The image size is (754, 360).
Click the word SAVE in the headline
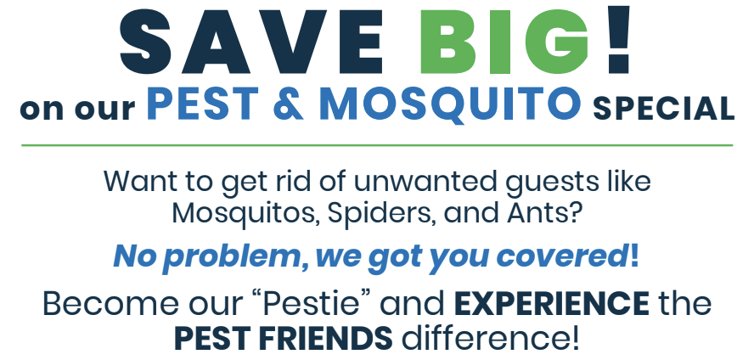click(250, 42)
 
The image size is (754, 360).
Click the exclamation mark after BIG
click(619, 39)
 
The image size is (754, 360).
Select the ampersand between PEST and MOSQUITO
click(290, 104)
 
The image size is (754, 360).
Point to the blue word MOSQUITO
click(450, 104)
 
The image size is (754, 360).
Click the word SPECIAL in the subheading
click(664, 109)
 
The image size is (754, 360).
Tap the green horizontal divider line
click(377, 144)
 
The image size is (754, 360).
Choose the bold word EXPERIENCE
click(551, 304)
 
